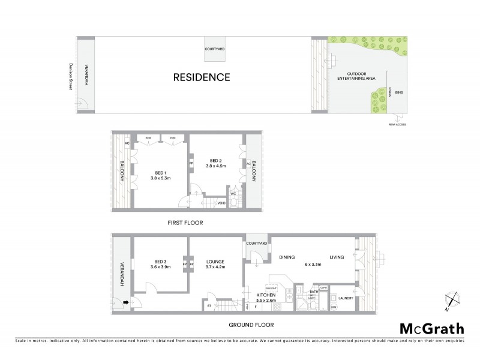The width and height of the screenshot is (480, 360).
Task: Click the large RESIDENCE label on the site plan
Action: coord(202,77)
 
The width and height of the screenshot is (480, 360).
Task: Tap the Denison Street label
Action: coord(70,77)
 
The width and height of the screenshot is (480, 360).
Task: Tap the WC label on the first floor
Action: coord(232,193)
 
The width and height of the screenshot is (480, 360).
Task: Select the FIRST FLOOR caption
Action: coord(185,223)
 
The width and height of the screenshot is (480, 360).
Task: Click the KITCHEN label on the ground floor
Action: coord(266,296)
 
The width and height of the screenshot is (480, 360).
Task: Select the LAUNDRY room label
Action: coord(345,298)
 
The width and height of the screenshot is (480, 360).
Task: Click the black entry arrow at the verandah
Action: coord(126,302)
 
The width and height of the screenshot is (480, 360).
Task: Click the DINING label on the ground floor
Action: coord(287,257)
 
